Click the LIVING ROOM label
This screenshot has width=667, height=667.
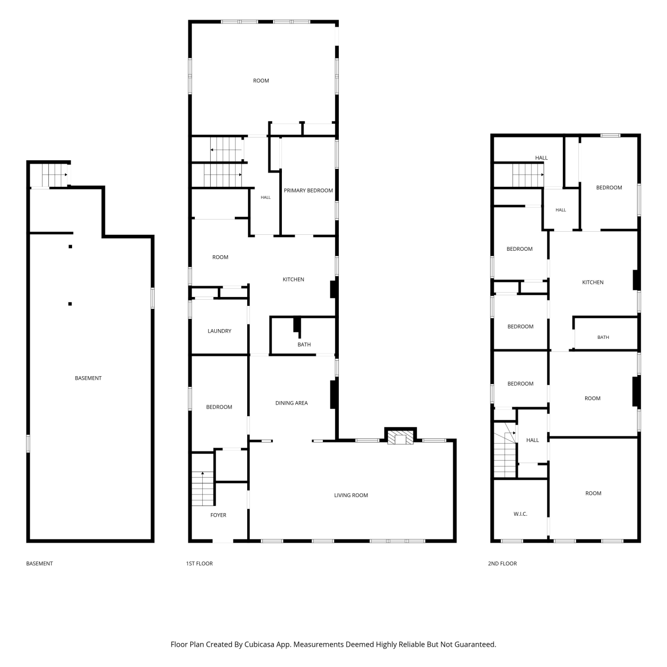[351, 495]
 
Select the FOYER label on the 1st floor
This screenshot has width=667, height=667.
[218, 515]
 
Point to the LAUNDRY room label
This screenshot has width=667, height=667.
[219, 331]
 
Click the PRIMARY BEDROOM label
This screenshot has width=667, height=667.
[308, 190]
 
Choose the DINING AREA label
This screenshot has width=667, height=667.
[291, 403]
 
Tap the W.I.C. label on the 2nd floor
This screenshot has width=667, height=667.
[520, 514]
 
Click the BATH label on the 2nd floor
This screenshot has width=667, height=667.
[603, 337]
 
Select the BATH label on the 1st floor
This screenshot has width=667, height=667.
[304, 345]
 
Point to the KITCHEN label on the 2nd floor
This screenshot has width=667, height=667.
[593, 282]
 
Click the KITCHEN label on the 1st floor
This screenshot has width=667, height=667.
[293, 279]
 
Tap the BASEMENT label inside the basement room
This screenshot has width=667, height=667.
[88, 378]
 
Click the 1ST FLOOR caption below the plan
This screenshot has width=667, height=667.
[199, 563]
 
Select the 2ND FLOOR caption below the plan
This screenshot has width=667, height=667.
[502, 563]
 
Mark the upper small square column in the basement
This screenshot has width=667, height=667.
[70, 246]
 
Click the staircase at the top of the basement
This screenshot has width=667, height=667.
[55, 175]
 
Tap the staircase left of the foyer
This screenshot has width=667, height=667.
[203, 488]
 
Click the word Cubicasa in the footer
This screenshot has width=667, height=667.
[259, 644]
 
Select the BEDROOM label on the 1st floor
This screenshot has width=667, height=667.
[219, 407]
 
